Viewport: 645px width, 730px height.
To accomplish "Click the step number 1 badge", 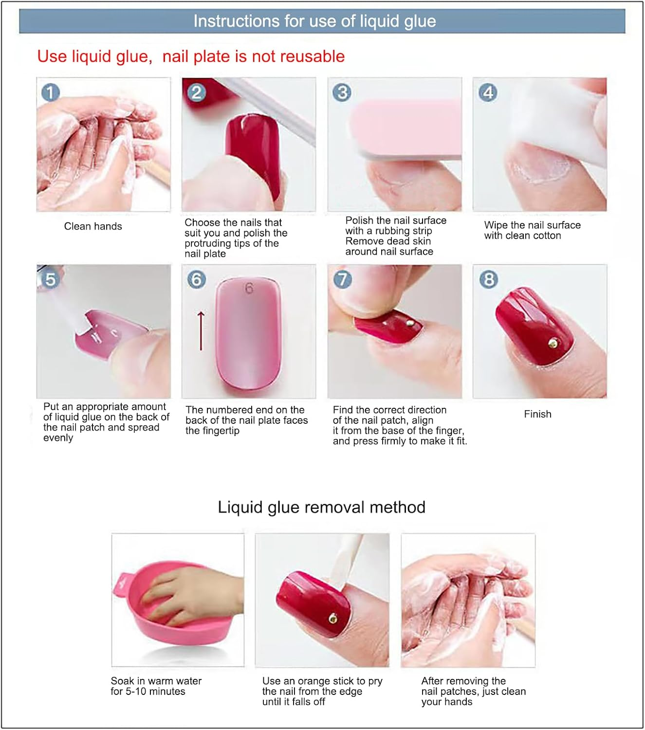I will [x=50, y=92].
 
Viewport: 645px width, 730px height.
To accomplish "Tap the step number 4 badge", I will [x=488, y=92].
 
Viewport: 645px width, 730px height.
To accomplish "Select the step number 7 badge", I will [x=342, y=279].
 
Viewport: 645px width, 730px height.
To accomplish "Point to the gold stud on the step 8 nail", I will [x=553, y=344].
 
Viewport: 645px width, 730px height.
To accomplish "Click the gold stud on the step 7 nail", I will [x=410, y=322].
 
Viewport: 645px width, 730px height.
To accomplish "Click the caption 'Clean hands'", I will [x=93, y=226].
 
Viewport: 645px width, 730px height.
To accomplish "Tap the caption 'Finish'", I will [x=537, y=414].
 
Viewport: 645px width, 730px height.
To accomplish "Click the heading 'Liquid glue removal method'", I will [x=321, y=507].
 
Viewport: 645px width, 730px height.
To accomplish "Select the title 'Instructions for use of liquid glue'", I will [x=314, y=21].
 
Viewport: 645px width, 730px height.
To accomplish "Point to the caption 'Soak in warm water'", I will [x=156, y=681].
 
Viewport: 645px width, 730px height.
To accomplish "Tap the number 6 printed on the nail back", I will [x=249, y=289].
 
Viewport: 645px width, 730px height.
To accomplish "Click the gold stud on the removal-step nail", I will [x=333, y=618].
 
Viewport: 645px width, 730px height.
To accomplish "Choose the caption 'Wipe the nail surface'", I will [x=532, y=225].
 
